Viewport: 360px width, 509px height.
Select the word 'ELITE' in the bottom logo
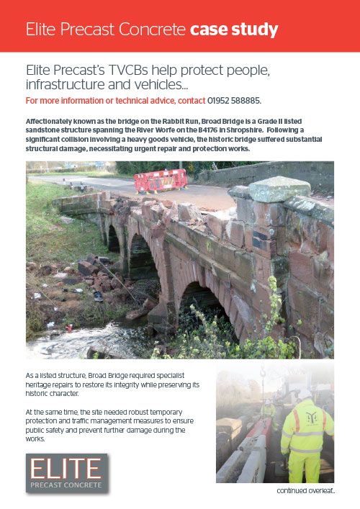pyautogui.click(x=65, y=469)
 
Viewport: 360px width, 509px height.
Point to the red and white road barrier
pyautogui.click(x=160, y=181)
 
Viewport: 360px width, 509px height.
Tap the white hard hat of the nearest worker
pyautogui.click(x=304, y=395)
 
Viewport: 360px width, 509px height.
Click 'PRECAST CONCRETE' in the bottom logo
pyautogui.click(x=66, y=485)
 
